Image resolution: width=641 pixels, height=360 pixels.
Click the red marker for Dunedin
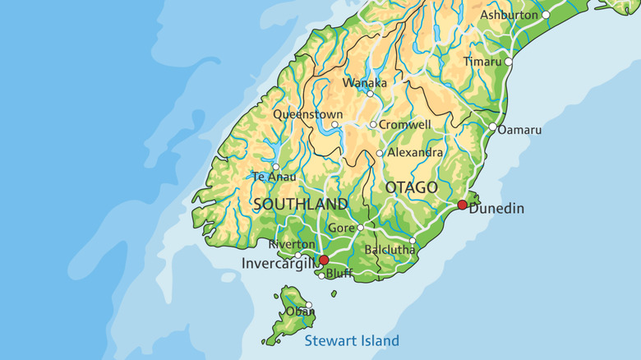pyautogui.click(x=462, y=205)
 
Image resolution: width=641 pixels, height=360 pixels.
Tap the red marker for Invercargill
pyautogui.click(x=324, y=260)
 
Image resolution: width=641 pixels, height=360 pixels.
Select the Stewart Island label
pyautogui.click(x=352, y=340)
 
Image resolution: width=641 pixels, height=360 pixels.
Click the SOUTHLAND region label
pyautogui.click(x=301, y=204)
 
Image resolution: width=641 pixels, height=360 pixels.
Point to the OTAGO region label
pyautogui.click(x=411, y=188)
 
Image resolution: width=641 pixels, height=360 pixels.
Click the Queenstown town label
pyautogui.click(x=307, y=114)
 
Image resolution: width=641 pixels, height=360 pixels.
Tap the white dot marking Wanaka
pyautogui.click(x=370, y=94)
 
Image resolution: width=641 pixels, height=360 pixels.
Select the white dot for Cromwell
pyautogui.click(x=373, y=125)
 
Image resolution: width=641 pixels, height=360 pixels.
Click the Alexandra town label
pyautogui.click(x=415, y=152)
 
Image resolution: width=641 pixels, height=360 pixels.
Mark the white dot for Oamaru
pyautogui.click(x=493, y=127)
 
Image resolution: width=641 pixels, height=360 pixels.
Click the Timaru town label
pyautogui.click(x=482, y=62)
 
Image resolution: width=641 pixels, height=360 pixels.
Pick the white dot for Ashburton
pyautogui.click(x=546, y=15)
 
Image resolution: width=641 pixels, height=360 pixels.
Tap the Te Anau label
pyautogui.click(x=270, y=176)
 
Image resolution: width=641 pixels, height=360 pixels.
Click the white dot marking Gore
pyautogui.click(x=360, y=228)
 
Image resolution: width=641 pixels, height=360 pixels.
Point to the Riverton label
pyautogui.click(x=292, y=244)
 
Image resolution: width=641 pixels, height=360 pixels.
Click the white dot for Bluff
pyautogui.click(x=321, y=275)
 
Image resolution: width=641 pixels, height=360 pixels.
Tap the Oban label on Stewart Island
pyautogui.click(x=300, y=312)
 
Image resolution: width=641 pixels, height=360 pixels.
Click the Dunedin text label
pyautogui.click(x=496, y=209)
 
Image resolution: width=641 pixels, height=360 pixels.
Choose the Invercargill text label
pyautogui.click(x=279, y=263)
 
